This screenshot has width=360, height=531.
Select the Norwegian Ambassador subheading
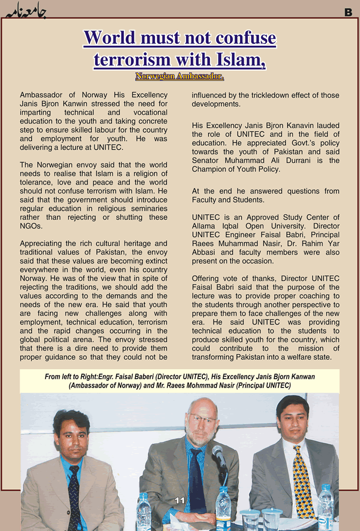[x=179, y=76]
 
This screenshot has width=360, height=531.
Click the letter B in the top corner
[x=348, y=12]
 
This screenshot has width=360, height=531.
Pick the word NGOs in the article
[x=31, y=226]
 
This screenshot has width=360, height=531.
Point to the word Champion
[x=211, y=170]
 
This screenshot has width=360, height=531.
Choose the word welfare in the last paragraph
[x=301, y=358]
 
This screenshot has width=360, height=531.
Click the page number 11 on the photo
[x=179, y=500]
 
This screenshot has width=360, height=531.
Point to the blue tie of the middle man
[x=197, y=478]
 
